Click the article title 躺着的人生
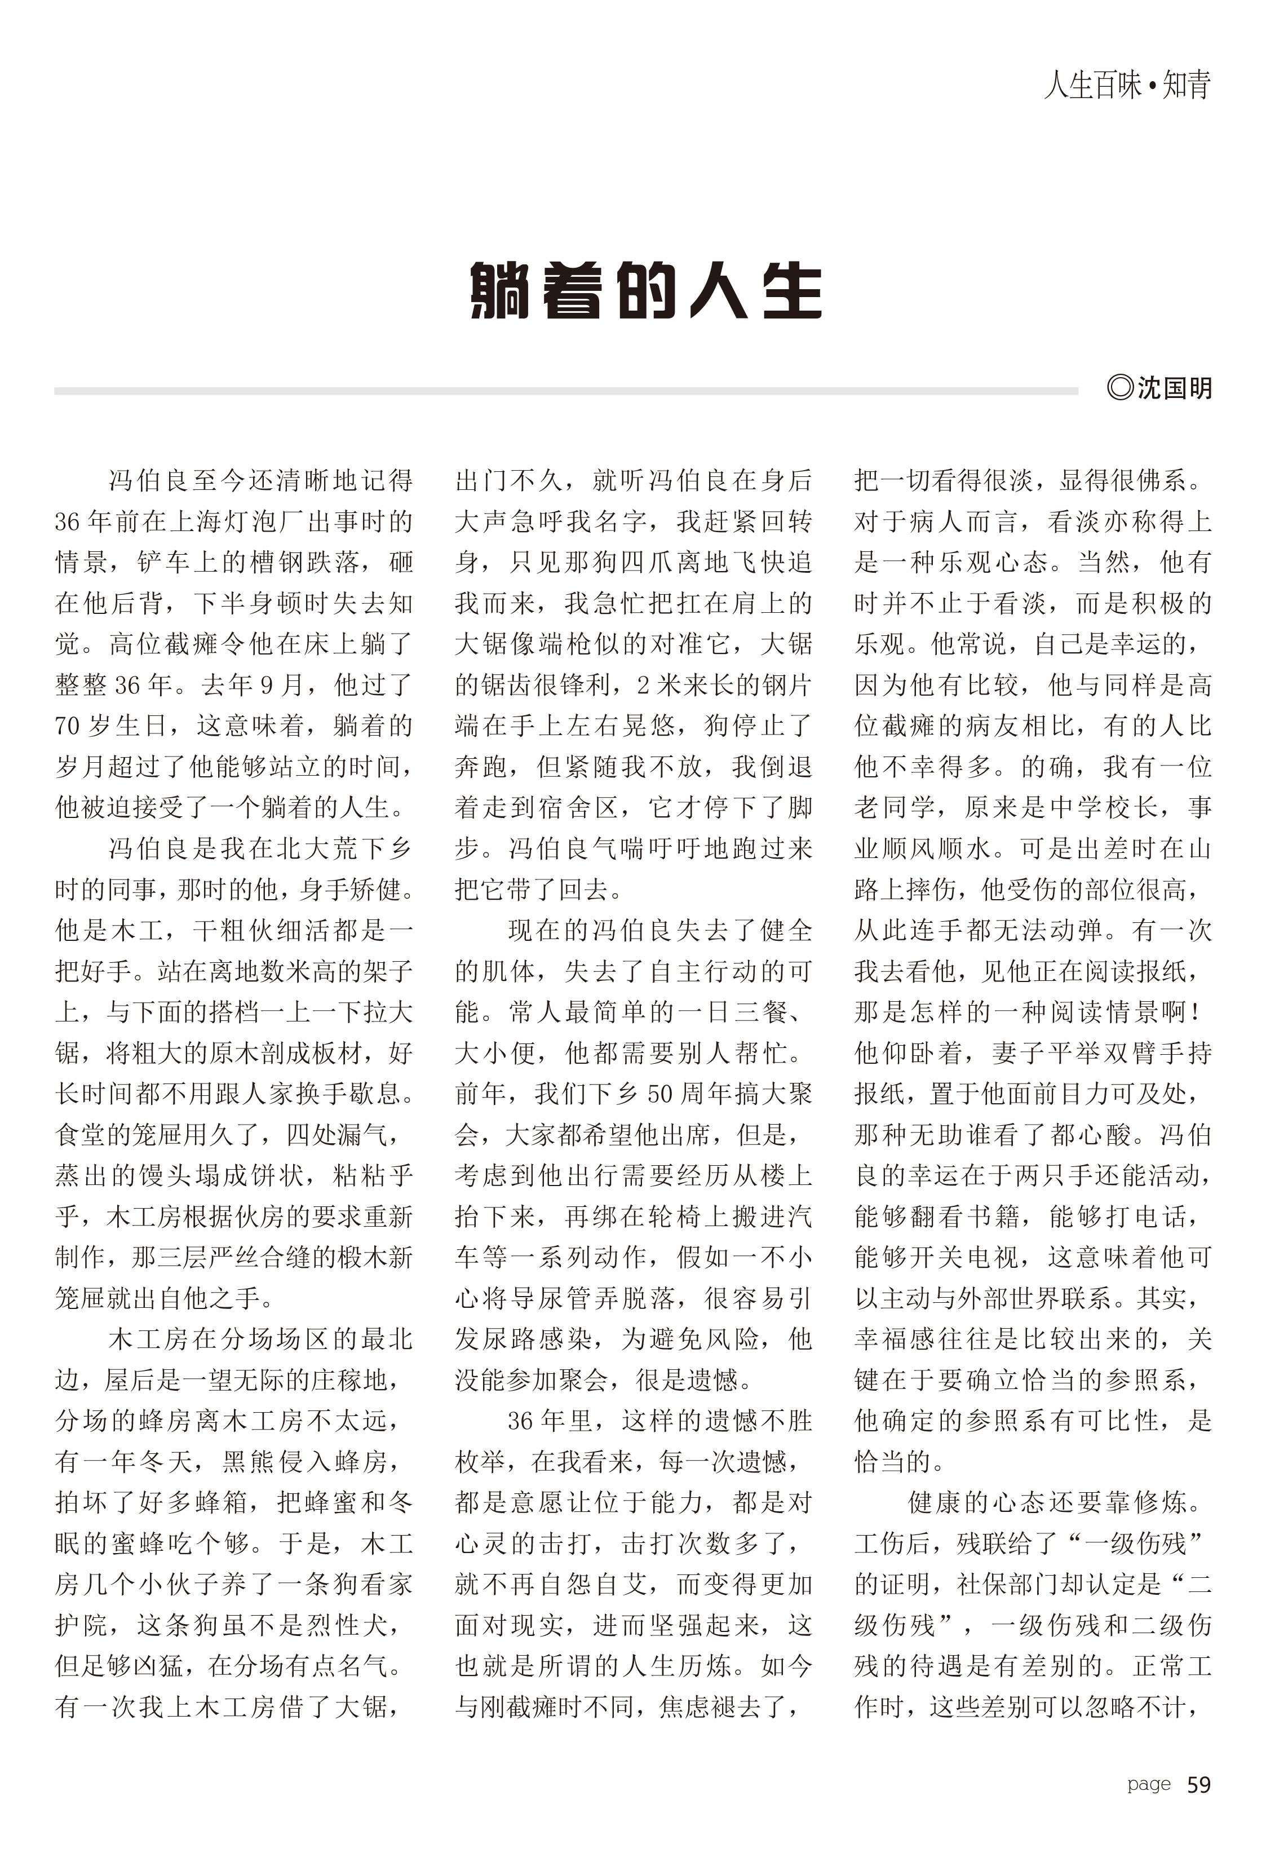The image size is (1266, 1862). click(645, 290)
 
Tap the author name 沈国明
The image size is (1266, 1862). click(1175, 388)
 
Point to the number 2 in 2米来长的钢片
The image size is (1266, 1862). click(643, 685)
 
